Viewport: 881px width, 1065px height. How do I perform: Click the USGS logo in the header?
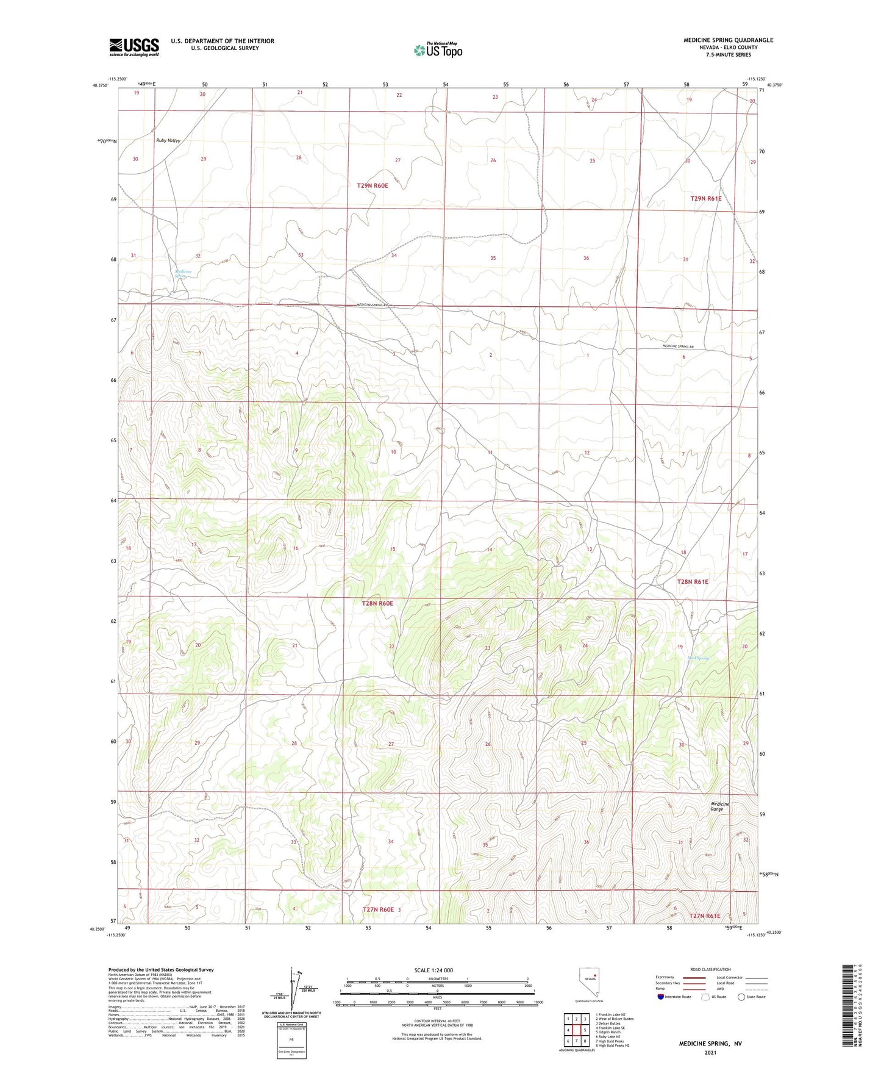134,46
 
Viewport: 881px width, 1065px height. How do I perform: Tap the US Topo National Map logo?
437,49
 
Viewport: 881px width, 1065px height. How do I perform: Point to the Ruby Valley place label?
168,141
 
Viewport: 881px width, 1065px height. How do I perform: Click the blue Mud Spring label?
698,658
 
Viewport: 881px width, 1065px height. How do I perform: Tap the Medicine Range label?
720,806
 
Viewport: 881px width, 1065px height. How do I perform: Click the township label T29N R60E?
373,185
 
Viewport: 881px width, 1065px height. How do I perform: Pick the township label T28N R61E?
693,582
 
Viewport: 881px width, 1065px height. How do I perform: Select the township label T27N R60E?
378,909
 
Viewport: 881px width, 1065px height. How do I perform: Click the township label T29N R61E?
705,199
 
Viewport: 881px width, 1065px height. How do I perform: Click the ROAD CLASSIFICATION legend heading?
710,969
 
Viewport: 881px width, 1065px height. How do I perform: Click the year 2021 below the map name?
710,1052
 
